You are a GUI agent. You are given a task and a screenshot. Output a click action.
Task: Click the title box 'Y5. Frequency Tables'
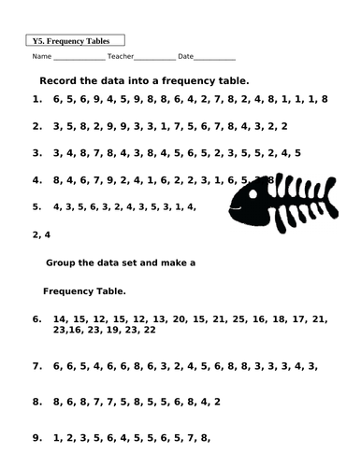(71, 41)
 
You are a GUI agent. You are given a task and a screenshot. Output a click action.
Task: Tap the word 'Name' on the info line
(41, 58)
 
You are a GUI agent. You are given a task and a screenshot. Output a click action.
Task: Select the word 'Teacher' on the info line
(120, 58)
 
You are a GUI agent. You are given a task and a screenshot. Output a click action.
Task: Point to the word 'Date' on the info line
(187, 58)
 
